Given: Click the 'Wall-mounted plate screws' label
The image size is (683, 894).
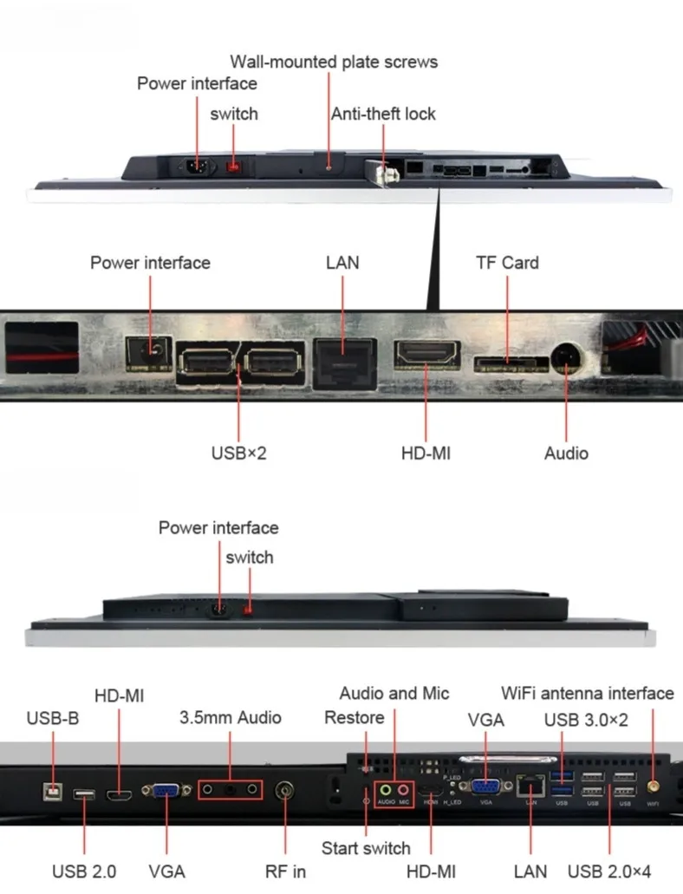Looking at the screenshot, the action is [334, 62].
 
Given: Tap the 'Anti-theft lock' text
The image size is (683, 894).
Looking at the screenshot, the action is [383, 114].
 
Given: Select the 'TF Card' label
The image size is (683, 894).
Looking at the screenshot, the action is [507, 263].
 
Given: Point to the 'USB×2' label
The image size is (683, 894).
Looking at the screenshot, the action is [238, 453].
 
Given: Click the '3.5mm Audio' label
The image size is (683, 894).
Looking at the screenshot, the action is [231, 717].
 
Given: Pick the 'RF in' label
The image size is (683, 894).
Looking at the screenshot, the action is [285, 871].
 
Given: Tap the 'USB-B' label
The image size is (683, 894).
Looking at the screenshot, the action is [53, 718].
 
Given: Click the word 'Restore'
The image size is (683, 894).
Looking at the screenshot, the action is [354, 717].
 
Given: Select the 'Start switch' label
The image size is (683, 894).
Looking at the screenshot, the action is [366, 847].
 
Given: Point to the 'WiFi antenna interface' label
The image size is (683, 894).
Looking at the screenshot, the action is [588, 693].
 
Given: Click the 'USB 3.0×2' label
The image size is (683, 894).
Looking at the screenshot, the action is [586, 720].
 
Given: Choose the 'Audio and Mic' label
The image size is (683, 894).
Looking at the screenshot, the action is [394, 693].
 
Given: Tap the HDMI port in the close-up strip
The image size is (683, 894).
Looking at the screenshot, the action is [427, 356].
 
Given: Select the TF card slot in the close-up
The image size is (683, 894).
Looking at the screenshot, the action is [507, 360].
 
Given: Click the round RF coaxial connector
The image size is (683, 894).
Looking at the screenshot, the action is [285, 791].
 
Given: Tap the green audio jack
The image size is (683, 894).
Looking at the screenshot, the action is [386, 790].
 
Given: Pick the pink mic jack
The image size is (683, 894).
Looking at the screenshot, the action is [403, 790].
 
